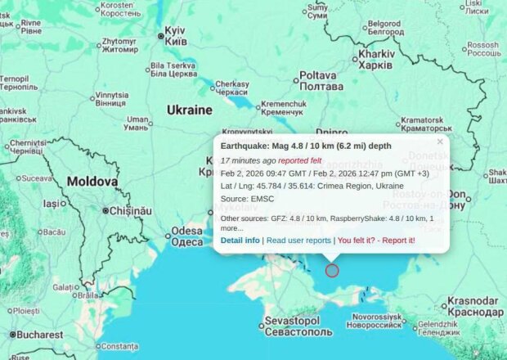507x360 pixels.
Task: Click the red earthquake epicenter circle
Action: (x=331, y=271)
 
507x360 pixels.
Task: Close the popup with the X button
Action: (x=440, y=142)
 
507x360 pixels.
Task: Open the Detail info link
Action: (x=240, y=240)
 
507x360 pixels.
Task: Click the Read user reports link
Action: (x=298, y=240)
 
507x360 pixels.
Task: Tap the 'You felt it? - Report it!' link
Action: (x=376, y=240)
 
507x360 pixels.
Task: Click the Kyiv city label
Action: (x=176, y=35)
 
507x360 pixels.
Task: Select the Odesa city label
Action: (x=187, y=236)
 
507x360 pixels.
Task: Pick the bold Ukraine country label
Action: (x=189, y=110)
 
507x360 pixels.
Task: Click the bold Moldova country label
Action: (x=92, y=181)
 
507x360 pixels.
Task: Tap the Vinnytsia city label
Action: (x=111, y=99)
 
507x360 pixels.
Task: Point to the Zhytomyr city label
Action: (x=119, y=45)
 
